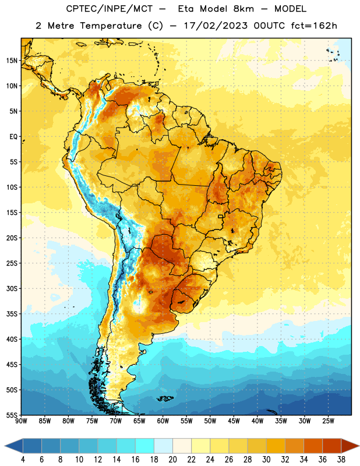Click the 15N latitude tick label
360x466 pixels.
point(12,61)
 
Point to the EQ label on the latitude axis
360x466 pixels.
point(13,137)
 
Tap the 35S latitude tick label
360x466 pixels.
point(12,314)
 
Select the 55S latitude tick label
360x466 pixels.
point(12,415)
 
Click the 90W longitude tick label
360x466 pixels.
point(21,421)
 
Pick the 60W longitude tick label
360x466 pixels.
point(163,421)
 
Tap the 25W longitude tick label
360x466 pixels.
point(328,421)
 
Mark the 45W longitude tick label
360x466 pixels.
point(234,421)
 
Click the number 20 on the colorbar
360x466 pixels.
point(172,460)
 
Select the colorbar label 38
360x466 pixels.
point(341,460)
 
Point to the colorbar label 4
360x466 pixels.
point(23,460)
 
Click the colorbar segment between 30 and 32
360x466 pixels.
point(276,446)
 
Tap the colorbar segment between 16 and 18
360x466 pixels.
point(144,446)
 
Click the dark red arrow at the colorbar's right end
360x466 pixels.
point(350,446)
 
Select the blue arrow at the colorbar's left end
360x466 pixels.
point(13,446)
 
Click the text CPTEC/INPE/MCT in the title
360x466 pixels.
point(109,9)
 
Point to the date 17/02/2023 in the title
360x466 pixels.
point(215,26)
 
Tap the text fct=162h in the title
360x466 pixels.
point(314,26)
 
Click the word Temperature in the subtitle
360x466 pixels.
point(111,26)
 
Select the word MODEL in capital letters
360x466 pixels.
point(290,9)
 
